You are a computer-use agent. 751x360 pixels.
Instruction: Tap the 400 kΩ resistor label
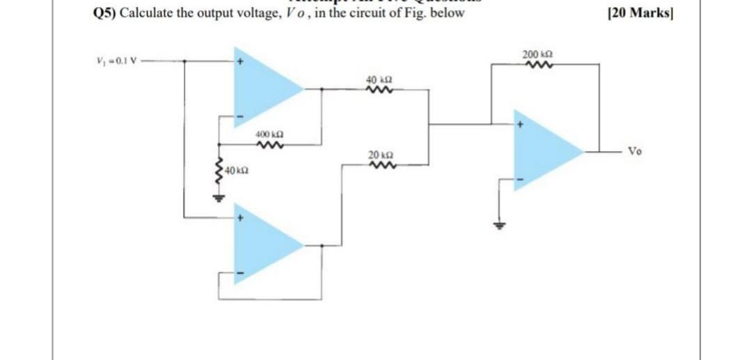(x=268, y=132)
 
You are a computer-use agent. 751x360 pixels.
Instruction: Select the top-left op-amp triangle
(x=262, y=88)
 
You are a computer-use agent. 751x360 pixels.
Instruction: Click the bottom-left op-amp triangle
(x=262, y=245)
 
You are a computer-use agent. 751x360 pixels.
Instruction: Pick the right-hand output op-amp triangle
(x=543, y=149)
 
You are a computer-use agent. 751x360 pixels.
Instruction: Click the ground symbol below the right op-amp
(x=498, y=225)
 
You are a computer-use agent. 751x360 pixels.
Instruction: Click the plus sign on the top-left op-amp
(x=240, y=62)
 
